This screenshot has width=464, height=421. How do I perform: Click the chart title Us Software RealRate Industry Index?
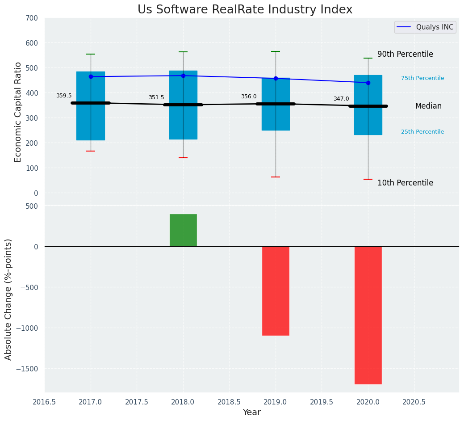(245, 10)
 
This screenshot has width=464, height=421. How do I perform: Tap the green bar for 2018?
(183, 230)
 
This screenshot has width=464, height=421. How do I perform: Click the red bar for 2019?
(276, 290)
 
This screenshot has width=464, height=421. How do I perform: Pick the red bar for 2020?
(368, 315)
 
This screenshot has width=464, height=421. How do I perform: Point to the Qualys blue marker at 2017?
(91, 76)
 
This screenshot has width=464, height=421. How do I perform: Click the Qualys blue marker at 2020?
(368, 83)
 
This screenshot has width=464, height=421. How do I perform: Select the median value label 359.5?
(64, 96)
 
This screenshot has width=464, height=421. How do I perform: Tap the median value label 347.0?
(341, 99)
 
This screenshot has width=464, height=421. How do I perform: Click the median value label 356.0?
(249, 97)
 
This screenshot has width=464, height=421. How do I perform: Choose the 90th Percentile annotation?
(405, 54)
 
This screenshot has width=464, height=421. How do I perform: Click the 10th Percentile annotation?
(405, 183)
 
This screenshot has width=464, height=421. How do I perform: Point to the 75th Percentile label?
(422, 78)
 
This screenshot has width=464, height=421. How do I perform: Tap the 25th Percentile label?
(422, 132)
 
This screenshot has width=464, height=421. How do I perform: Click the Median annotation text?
(428, 106)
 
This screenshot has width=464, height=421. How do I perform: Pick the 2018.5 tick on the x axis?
(229, 402)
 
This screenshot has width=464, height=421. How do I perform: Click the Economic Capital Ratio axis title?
(18, 112)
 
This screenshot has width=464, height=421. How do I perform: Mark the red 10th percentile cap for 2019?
(276, 177)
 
